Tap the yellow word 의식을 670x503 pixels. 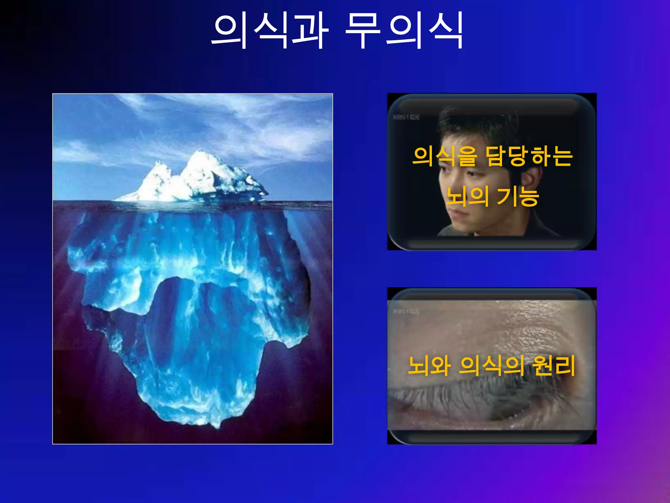point(444,157)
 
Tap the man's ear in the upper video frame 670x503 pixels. point(530,180)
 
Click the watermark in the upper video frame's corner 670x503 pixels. point(406,117)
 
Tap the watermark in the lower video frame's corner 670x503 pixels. point(406,311)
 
